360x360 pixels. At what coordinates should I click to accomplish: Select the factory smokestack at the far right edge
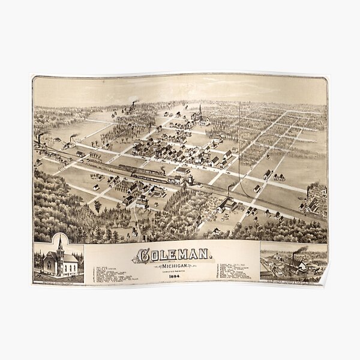coord(308,194)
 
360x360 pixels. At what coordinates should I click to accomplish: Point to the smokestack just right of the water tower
coord(229,191)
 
